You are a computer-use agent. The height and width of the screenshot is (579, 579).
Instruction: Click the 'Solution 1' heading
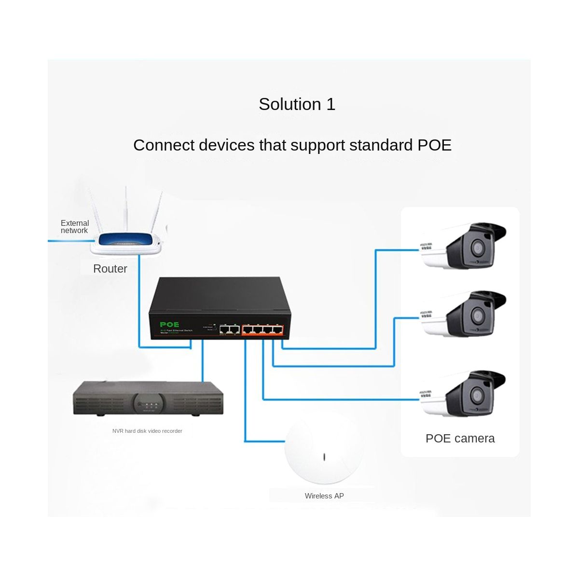pos(297,104)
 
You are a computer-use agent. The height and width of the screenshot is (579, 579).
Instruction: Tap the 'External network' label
pos(75,227)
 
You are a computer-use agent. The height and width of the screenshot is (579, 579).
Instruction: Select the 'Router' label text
pos(110,269)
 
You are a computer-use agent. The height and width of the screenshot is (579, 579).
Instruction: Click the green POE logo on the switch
pos(169,324)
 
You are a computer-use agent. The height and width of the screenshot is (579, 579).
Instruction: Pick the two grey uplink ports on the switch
pos(229,330)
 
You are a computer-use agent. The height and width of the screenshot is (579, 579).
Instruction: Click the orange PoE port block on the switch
pos(262,330)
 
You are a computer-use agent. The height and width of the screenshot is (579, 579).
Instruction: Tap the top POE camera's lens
pos(478,248)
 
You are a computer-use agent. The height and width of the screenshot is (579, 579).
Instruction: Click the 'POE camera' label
pos(460,439)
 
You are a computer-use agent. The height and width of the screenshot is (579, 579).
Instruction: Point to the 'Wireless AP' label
pos(324,496)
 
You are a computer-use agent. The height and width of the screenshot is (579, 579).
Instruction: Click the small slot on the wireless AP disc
pos(324,456)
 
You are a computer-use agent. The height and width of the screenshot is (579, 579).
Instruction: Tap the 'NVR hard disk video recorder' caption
pos(147,431)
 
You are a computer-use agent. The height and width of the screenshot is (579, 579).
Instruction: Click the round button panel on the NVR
pos(147,402)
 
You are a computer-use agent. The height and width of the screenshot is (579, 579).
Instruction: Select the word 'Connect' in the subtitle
pos(163,145)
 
